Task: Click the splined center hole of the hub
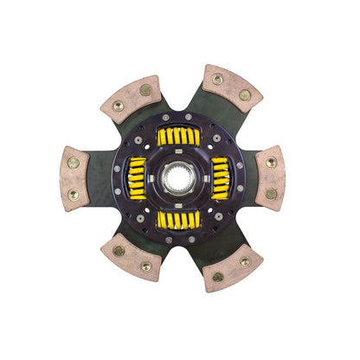point(179,179)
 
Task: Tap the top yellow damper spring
point(179,136)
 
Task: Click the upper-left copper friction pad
point(131,97)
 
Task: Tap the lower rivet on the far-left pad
point(74,196)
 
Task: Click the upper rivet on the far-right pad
point(272,162)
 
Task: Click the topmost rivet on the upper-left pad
point(145,88)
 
